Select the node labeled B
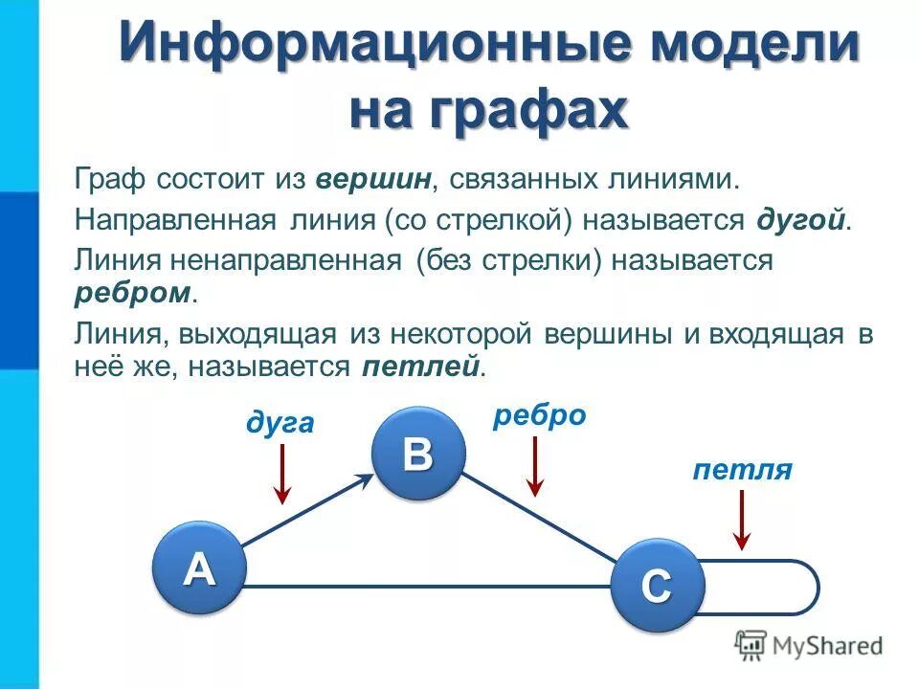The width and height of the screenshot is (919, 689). point(418,453)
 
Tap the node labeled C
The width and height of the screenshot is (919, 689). point(657,585)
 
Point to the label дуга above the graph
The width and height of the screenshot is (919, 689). point(280,422)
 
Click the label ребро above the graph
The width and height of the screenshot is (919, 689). point(539,415)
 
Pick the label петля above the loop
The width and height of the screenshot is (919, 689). point(743,470)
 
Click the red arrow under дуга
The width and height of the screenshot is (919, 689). point(281,473)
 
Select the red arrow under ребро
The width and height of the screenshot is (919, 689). point(536,465)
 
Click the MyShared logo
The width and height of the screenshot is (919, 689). point(809,647)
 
